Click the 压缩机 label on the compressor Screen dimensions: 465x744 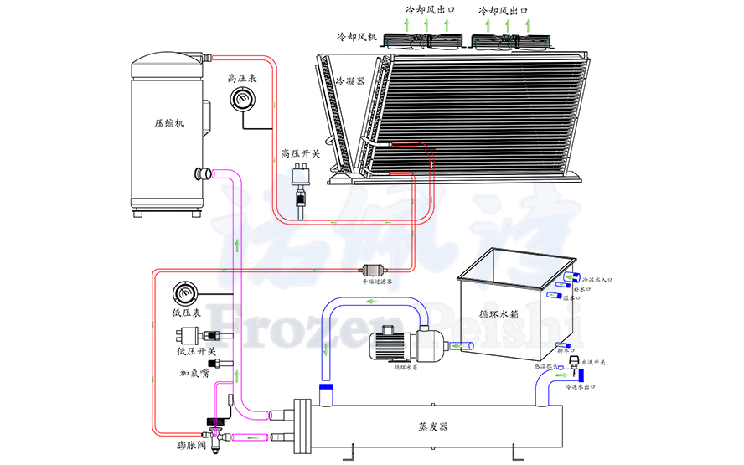170,122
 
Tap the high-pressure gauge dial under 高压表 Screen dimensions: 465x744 244,99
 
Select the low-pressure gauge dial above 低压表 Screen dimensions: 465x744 184,294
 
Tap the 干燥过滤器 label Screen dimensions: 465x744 378,283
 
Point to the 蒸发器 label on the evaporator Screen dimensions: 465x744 433,426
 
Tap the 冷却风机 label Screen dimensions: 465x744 357,38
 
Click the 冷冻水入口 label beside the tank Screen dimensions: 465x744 603,280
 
